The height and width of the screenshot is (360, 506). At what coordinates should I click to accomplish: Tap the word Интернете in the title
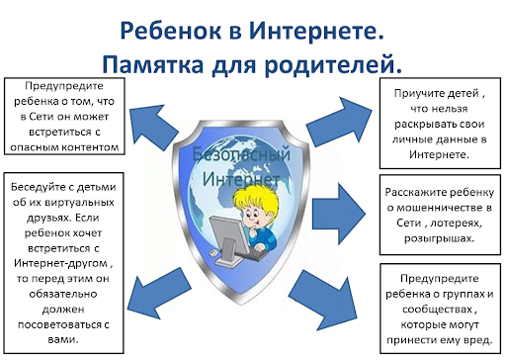pos(316,30)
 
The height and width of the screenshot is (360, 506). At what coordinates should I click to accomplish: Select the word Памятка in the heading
pos(153,64)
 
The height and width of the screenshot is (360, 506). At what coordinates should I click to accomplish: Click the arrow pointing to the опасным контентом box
pos(152,126)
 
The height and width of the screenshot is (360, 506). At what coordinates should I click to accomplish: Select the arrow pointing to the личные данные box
pos(340,122)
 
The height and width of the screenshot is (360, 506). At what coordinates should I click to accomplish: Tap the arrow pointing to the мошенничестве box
pos(339,214)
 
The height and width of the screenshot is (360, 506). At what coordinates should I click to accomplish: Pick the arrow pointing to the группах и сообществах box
pos(324,300)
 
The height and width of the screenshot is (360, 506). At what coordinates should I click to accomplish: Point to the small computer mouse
pos(212,252)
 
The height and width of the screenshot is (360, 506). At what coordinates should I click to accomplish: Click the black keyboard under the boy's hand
pos(255,254)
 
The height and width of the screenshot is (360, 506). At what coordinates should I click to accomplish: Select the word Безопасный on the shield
pos(241,154)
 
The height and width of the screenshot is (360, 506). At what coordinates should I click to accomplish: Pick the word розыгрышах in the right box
pos(439,238)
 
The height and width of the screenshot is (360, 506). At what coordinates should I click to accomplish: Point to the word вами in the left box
pos(63,339)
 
